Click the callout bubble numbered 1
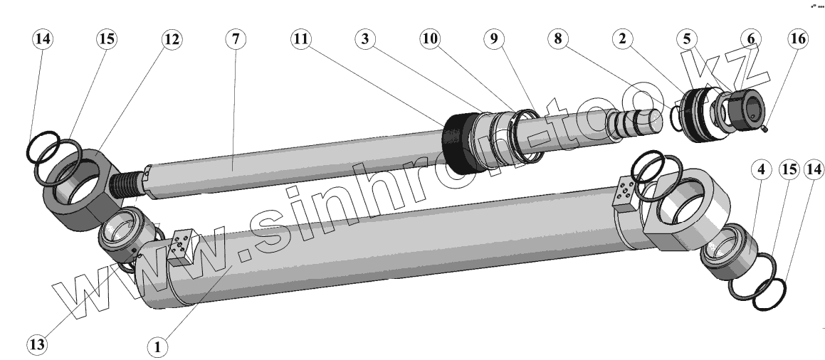tap(157, 347)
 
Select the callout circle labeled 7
tap(236, 39)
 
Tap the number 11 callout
tap(301, 39)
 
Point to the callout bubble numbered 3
tap(365, 39)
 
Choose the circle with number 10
tap(430, 39)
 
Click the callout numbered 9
tap(494, 39)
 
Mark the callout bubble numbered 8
tap(558, 39)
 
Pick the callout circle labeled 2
tap(622, 39)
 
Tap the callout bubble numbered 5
tap(687, 39)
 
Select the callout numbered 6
tap(751, 39)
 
